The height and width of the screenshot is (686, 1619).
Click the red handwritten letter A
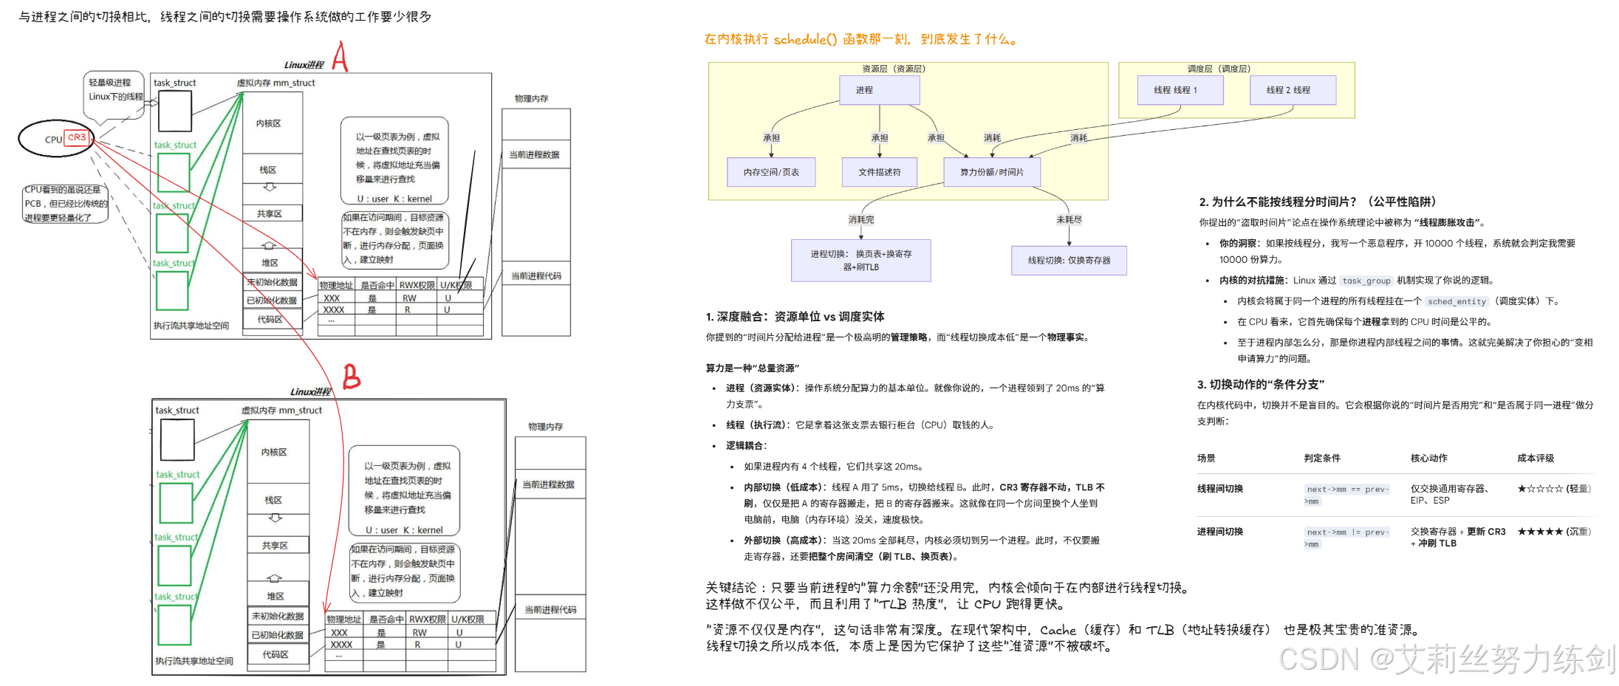[x=340, y=56]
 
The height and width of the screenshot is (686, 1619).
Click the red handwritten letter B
[x=352, y=377]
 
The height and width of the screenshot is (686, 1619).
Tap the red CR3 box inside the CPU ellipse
[x=77, y=137]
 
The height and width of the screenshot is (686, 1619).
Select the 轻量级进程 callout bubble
[x=115, y=93]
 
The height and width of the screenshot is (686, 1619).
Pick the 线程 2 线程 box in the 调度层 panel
[x=1293, y=90]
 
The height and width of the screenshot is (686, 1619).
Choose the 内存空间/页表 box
[x=771, y=172]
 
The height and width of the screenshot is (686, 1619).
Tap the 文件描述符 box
[x=879, y=172]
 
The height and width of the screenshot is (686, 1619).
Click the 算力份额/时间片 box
[x=991, y=172]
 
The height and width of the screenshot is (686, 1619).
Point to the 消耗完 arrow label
[x=861, y=219]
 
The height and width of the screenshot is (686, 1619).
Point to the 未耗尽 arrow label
[x=1069, y=219]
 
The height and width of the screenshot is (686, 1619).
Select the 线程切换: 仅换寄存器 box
[x=1069, y=260]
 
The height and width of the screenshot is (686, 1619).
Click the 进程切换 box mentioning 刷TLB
[x=860, y=260]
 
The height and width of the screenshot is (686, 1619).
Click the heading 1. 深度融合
[x=795, y=317]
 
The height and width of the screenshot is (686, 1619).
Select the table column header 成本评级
[x=1536, y=458]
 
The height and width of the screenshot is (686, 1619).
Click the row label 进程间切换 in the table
[x=1220, y=532]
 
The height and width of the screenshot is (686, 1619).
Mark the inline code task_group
[x=1366, y=281]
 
